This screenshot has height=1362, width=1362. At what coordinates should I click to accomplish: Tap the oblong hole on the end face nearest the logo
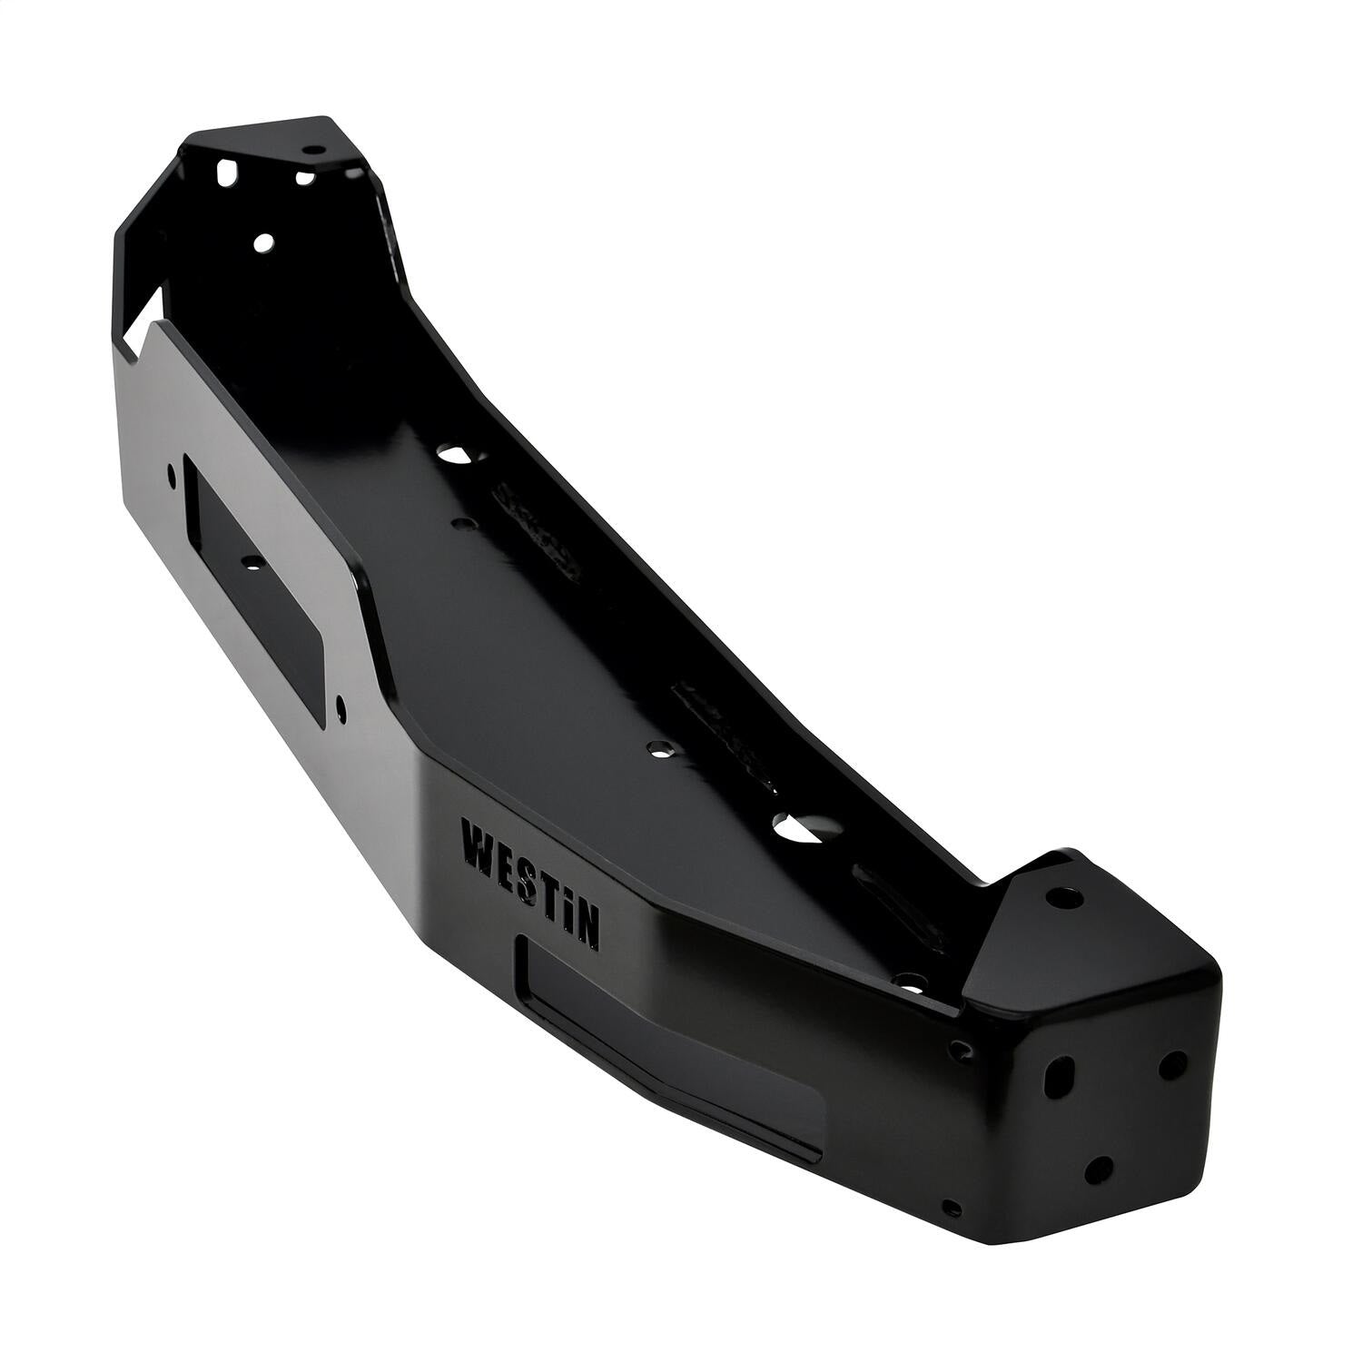(1057, 1075)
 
